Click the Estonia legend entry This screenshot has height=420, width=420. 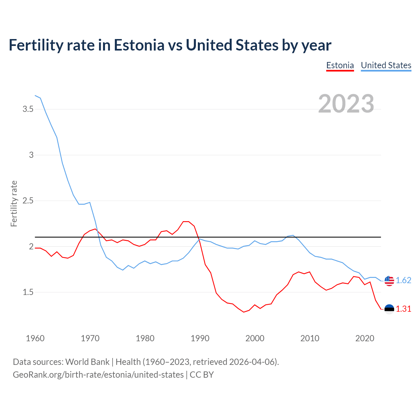pos(340,65)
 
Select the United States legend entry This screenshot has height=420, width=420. pos(386,65)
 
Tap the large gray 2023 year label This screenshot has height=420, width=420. pos(346,104)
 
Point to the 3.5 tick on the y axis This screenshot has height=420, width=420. pos(28,109)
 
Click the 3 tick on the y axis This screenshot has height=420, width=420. pos(31,155)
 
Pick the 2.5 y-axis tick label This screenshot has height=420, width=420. pos(28,200)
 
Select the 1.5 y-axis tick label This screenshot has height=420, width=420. pos(28,292)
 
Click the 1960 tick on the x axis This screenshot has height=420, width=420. pos(35,338)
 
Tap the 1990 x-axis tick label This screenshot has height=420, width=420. pos(200,338)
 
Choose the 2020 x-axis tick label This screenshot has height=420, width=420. pos(365,338)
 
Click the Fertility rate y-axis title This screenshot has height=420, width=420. pos(14,203)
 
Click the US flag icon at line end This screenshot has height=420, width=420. pos(389,281)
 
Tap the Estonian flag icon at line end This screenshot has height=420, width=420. pos(389,309)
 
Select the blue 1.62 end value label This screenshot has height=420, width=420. pos(403,280)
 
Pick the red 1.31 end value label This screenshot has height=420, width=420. pos(403,309)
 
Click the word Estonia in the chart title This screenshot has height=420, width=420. pos(139,45)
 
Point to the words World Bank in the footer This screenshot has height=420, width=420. pos(87,362)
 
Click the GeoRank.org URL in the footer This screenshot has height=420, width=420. pos(98,374)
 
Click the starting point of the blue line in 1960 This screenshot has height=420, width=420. pos(35,95)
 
